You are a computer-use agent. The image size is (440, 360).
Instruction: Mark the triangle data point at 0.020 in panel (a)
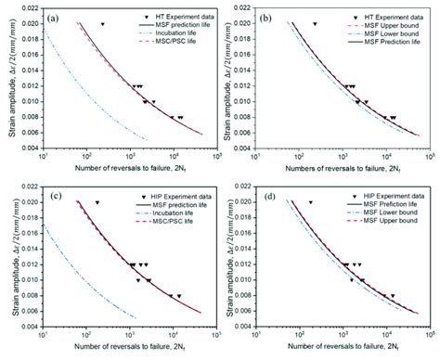(x=102, y=23)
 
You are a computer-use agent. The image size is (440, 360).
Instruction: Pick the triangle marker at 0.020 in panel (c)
(x=97, y=202)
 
